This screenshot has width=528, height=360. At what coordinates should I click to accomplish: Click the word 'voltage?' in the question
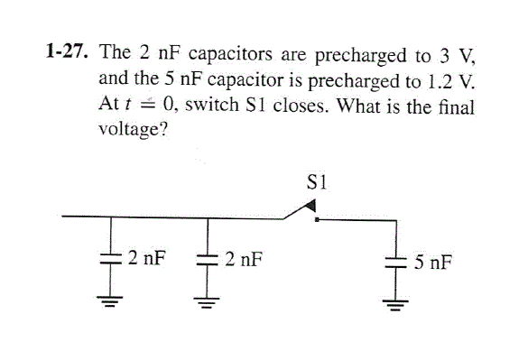point(130,129)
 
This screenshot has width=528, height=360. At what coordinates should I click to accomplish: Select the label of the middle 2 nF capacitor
point(245,261)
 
